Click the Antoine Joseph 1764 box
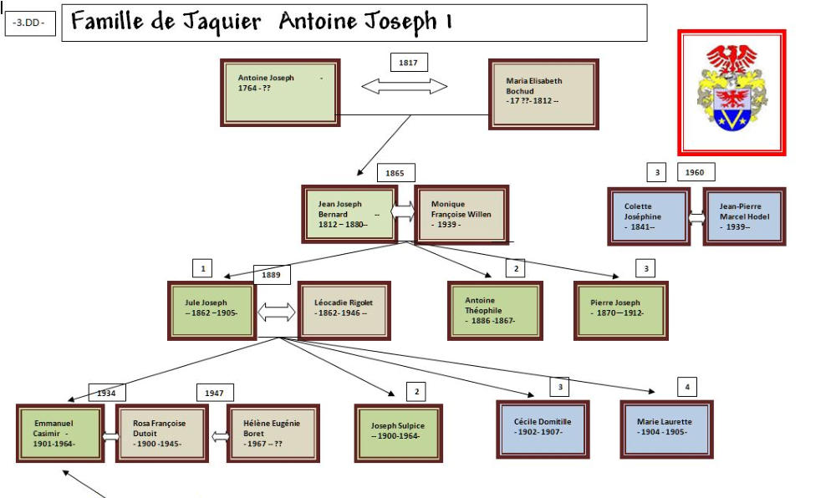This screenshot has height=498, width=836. pyautogui.click(x=279, y=92)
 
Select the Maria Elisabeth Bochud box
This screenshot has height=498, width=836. pyautogui.click(x=543, y=94)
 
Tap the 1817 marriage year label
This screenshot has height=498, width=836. pyautogui.click(x=409, y=63)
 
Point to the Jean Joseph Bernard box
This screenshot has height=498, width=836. pyautogui.click(x=349, y=214)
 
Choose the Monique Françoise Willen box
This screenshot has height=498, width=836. pyautogui.click(x=461, y=214)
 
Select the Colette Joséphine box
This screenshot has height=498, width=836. pyautogui.click(x=649, y=216)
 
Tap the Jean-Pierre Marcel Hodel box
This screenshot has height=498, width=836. pyautogui.click(x=744, y=216)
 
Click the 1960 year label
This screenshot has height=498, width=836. pyautogui.click(x=696, y=173)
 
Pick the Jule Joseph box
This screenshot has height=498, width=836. pyautogui.click(x=212, y=310)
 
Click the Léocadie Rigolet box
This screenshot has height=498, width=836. pyautogui.click(x=344, y=310)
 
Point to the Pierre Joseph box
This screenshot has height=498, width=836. pyautogui.click(x=620, y=310)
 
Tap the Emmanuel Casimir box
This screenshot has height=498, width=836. pyautogui.click(x=60, y=434)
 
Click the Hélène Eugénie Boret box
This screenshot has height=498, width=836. pyautogui.click(x=273, y=434)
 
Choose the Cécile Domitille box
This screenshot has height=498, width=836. pyautogui.click(x=543, y=429)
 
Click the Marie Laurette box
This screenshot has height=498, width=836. pyautogui.click(x=665, y=429)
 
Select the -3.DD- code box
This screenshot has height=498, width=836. pyautogui.click(x=30, y=23)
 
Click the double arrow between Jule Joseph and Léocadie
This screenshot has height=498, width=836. pyautogui.click(x=277, y=313)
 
